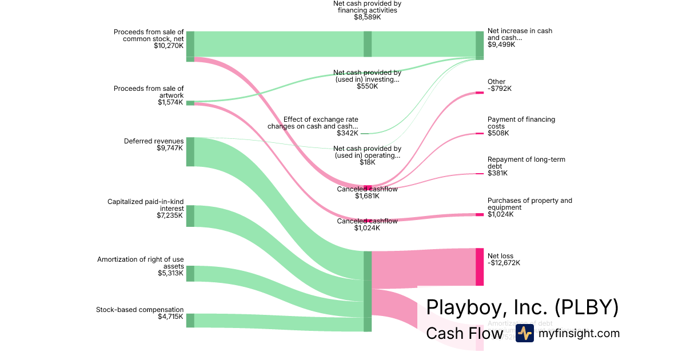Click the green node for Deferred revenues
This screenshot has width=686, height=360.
190,151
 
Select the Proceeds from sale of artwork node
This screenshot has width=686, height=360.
190,103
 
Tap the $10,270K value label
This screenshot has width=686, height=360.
169,46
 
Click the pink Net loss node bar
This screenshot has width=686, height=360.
480,267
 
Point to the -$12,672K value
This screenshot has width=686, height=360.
504,263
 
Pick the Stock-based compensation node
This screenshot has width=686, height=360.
190,320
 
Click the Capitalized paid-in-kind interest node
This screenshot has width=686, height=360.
190,216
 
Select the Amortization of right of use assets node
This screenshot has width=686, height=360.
190,273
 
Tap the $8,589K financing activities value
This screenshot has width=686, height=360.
367,18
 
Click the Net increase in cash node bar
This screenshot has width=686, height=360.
480,45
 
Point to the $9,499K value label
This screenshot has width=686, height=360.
501,45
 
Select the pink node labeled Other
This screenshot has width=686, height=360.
480,92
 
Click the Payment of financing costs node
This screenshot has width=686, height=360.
480,134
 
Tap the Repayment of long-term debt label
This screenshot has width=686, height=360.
526,163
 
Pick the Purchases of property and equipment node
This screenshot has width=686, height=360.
480,214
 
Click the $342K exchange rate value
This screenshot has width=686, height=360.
348,133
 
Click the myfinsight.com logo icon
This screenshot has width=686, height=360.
524,333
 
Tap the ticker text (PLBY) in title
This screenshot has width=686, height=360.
587,307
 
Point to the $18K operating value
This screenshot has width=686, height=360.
367,162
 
